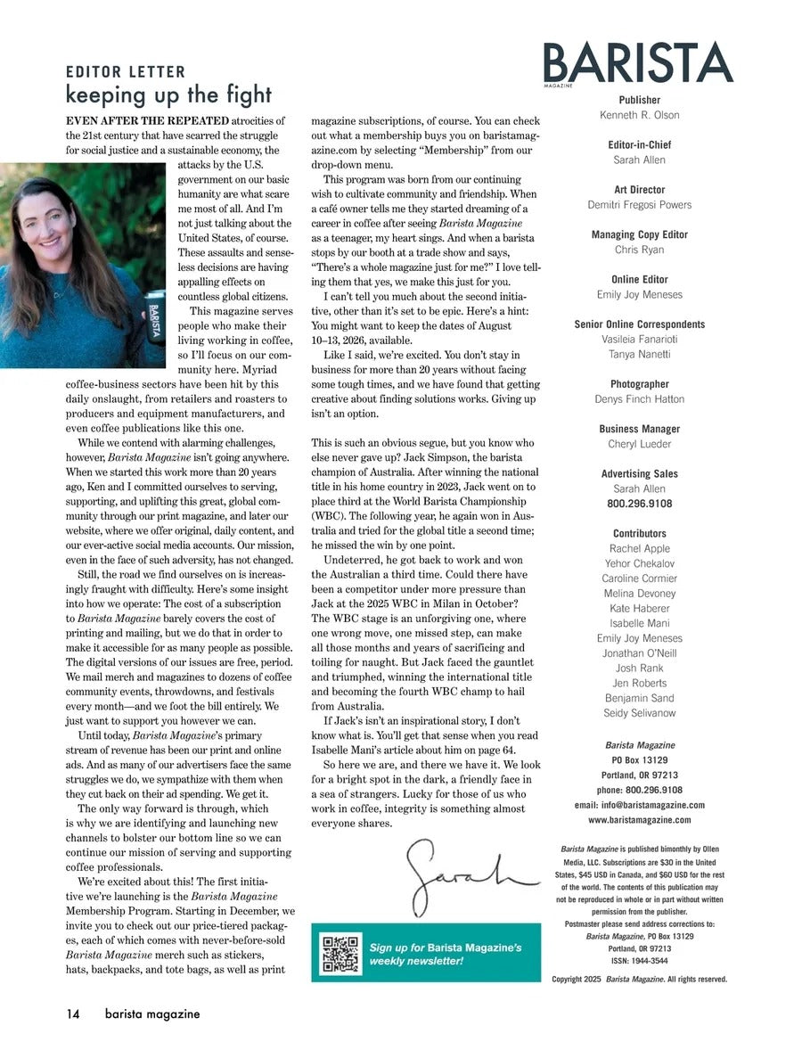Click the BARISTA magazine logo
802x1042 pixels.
[639, 63]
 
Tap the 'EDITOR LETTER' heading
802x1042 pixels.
[126, 72]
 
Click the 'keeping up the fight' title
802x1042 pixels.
[168, 94]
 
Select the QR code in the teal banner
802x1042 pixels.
[341, 953]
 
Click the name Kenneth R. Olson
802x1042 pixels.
[639, 115]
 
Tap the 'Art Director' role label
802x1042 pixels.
[639, 190]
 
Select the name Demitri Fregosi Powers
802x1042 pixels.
[639, 205]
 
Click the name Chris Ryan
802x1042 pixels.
[639, 250]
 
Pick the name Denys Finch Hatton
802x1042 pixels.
[639, 399]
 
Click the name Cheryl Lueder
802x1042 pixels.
[639, 444]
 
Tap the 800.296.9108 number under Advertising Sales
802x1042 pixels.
[639, 504]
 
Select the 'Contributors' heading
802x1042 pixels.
[639, 534]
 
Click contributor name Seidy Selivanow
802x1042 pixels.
[639, 713]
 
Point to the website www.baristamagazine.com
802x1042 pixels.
[639, 820]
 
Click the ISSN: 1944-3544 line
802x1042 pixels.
[639, 961]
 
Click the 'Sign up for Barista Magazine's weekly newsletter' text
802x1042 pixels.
[446, 954]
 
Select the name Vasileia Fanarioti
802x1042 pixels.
[639, 339]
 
